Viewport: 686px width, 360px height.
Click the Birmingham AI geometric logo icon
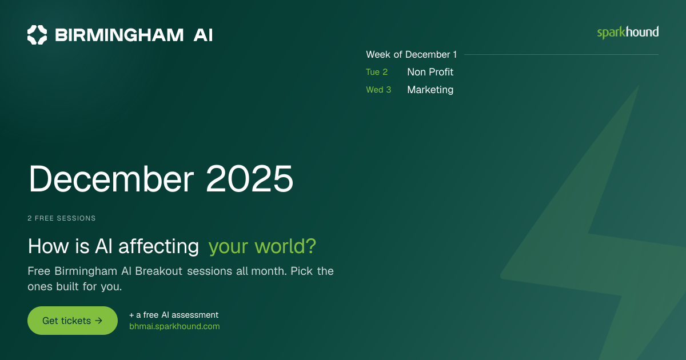click(37, 35)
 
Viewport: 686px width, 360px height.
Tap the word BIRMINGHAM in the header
click(119, 35)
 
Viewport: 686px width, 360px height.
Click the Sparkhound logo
click(628, 33)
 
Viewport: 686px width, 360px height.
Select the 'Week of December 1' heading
click(411, 54)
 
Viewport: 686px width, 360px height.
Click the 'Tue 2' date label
click(377, 72)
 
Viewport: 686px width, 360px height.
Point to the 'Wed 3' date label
click(378, 90)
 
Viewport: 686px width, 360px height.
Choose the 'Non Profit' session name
click(430, 72)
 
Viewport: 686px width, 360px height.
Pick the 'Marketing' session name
click(430, 90)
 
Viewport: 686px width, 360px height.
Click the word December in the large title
click(111, 178)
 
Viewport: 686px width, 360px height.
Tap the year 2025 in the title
click(250, 178)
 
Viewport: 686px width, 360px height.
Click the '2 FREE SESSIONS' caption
click(62, 218)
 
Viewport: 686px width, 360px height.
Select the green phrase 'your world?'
click(262, 246)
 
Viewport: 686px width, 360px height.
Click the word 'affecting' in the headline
click(159, 246)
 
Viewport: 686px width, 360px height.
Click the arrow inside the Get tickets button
click(98, 321)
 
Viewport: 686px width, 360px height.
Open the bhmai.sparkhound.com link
click(174, 326)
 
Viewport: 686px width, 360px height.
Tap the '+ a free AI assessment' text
click(174, 315)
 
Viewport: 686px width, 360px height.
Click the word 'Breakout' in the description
click(159, 271)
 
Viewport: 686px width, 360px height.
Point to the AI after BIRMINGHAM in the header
click(203, 35)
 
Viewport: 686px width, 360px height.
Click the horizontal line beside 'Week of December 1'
click(561, 54)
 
